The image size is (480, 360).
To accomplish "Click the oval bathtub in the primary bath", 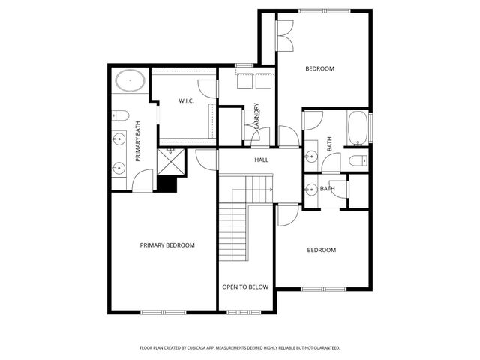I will click(x=131, y=79).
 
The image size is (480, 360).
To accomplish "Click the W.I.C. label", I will click(x=187, y=100).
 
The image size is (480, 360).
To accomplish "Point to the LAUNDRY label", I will click(x=256, y=117).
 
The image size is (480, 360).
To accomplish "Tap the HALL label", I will click(x=261, y=160).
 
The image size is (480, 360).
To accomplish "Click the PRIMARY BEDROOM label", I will click(x=167, y=245).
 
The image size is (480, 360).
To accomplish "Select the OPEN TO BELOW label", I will click(x=245, y=286).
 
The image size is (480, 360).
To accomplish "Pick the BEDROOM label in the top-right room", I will click(x=319, y=68).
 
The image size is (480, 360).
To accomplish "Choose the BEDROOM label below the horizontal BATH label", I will click(x=322, y=250).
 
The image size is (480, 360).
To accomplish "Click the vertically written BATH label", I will click(x=329, y=142).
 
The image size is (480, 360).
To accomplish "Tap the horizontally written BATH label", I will click(x=328, y=189).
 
